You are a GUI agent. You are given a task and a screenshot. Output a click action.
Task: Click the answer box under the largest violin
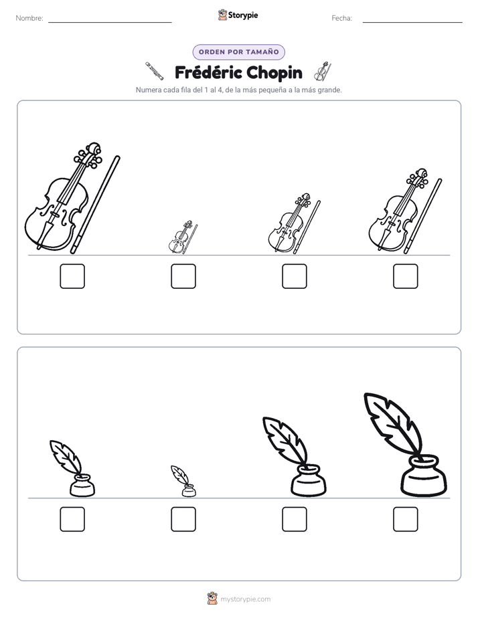(x=72, y=276)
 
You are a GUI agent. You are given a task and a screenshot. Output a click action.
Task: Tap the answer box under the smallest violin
(x=183, y=276)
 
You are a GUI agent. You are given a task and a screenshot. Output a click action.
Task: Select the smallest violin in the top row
(x=183, y=237)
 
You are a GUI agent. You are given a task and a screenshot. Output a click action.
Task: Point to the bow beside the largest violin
(x=95, y=205)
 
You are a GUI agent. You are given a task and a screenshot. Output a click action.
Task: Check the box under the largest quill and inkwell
(x=406, y=519)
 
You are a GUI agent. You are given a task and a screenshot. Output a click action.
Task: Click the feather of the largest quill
(x=392, y=423)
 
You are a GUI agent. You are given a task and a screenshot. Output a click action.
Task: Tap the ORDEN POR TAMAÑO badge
(x=238, y=52)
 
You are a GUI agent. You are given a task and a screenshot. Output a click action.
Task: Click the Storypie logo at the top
(x=238, y=15)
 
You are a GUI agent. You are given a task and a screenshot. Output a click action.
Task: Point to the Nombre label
(x=29, y=18)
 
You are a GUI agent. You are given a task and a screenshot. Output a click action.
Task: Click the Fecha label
(x=341, y=18)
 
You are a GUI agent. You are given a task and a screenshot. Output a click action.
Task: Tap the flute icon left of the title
(x=154, y=71)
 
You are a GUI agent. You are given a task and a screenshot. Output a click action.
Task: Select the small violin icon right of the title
(x=322, y=72)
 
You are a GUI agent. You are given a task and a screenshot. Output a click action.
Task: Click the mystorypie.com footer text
(x=245, y=599)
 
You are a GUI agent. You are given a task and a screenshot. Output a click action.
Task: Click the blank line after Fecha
(x=412, y=23)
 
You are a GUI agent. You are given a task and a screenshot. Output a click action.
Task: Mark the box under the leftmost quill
(x=72, y=519)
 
